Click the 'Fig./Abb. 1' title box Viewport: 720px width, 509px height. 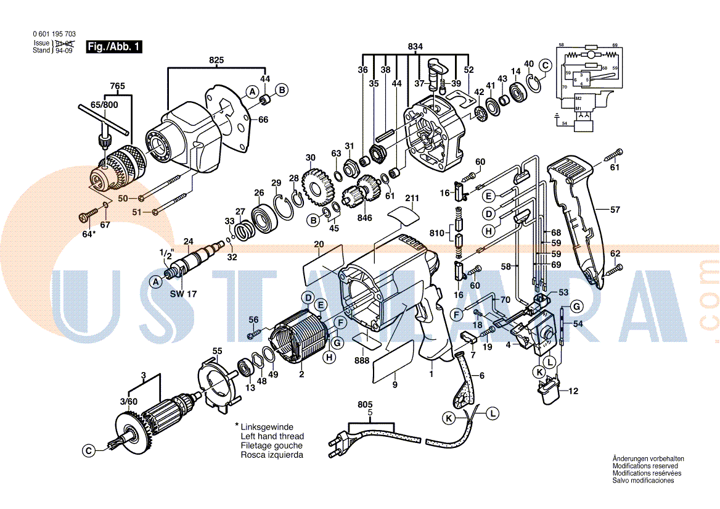point(114,46)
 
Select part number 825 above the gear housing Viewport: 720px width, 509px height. point(216,60)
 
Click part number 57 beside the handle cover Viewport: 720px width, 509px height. point(615,210)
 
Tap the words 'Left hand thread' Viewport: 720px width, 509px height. point(272,436)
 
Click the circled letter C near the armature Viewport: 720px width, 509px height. point(89,451)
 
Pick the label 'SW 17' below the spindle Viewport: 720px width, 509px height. point(183,294)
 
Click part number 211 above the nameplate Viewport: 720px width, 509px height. point(412,199)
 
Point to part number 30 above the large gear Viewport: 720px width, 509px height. point(310,157)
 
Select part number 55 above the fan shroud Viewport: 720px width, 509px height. point(217,351)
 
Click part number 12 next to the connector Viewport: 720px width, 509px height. point(573,391)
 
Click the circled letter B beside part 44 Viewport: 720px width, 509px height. point(281,90)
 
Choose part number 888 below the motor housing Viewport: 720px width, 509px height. point(363,360)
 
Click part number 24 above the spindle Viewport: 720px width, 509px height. point(189,241)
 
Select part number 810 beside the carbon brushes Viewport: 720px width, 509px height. point(437,234)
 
